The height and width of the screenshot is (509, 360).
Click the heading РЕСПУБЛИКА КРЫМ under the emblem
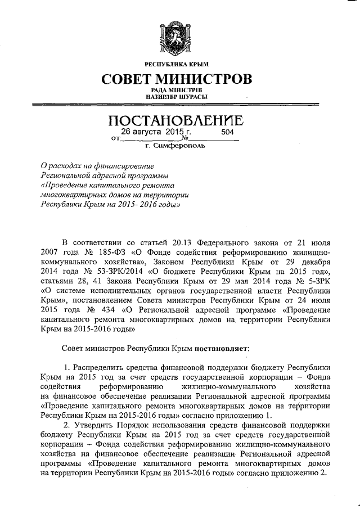coord(176,65)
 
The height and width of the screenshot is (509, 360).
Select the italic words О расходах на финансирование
coord(98,166)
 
